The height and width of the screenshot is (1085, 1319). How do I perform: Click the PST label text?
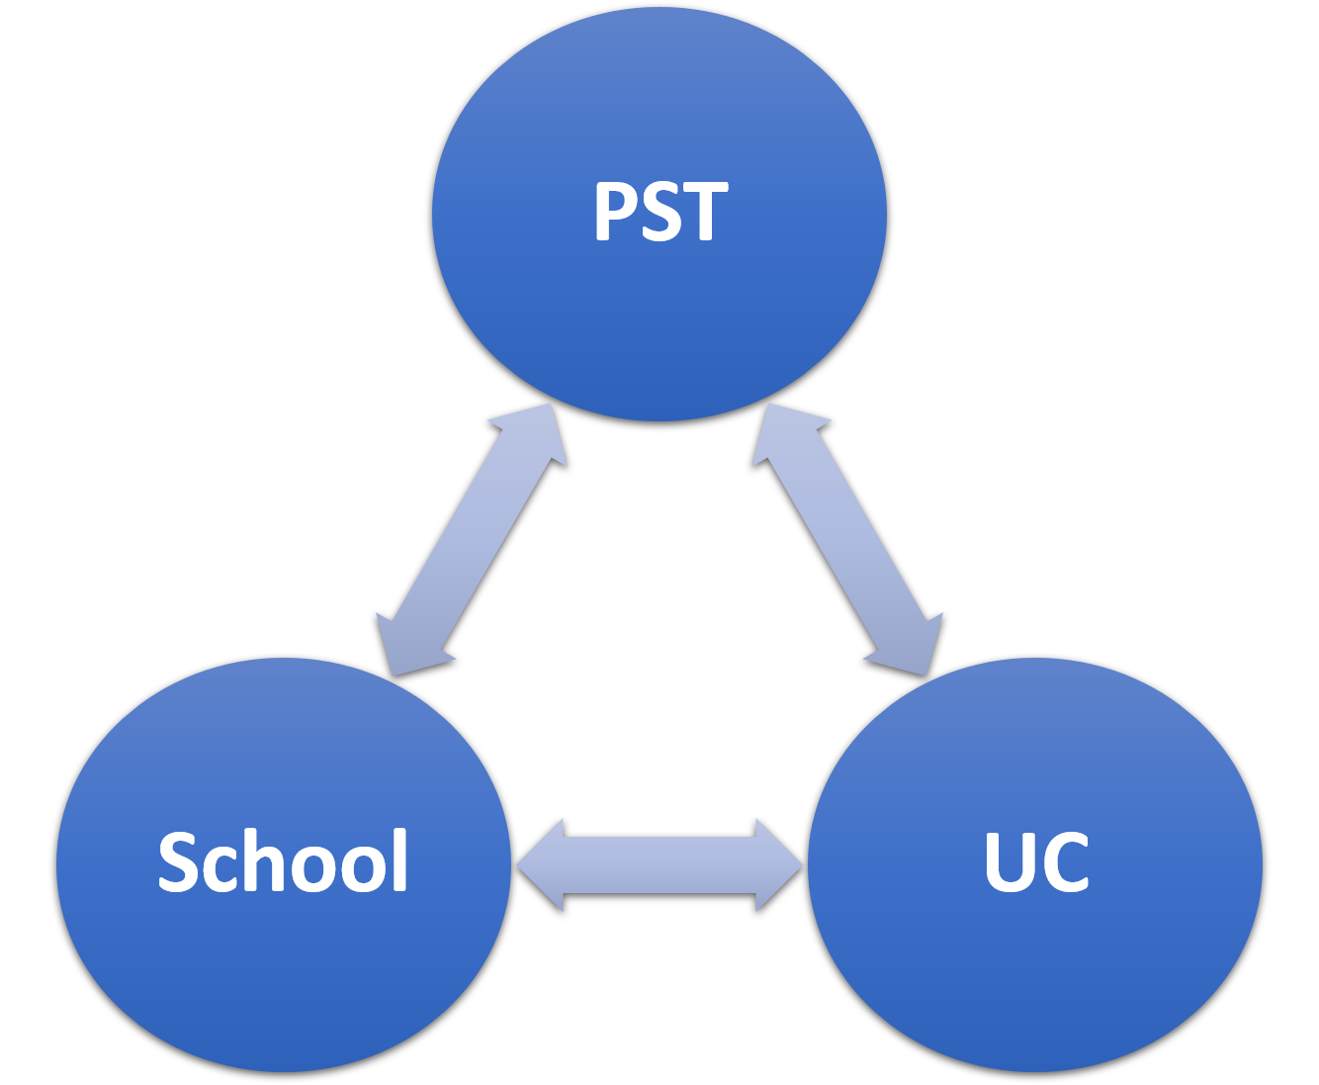coord(660,212)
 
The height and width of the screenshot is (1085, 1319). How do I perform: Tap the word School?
coord(283,861)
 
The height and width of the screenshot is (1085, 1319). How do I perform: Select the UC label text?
coord(1036,861)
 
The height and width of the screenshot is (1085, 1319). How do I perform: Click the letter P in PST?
coord(616,212)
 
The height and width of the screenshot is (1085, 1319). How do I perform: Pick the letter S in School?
coord(178,861)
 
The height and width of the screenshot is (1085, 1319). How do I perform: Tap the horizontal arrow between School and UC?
coord(659,864)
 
